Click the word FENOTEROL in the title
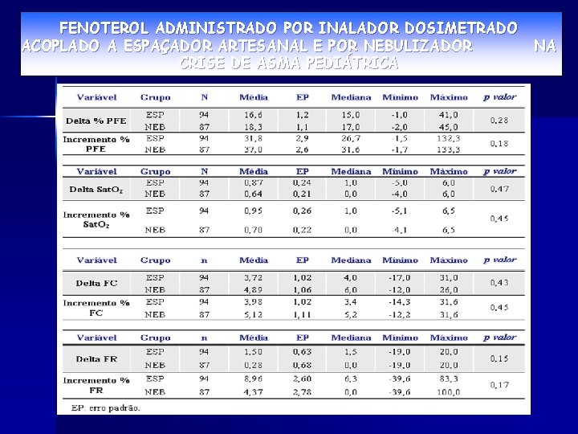click(x=104, y=29)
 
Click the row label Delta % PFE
click(x=96, y=120)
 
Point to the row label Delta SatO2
click(x=96, y=190)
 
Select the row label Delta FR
click(x=96, y=358)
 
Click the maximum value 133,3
click(x=448, y=149)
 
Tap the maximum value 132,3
click(x=448, y=138)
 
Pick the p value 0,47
click(x=499, y=189)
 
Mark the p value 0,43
click(x=499, y=283)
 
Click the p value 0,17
click(x=499, y=385)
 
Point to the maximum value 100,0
click(x=448, y=391)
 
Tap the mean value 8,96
click(x=253, y=379)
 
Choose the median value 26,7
click(x=350, y=138)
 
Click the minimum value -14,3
click(x=399, y=302)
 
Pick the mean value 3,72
click(x=253, y=277)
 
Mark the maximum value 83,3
click(x=448, y=379)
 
